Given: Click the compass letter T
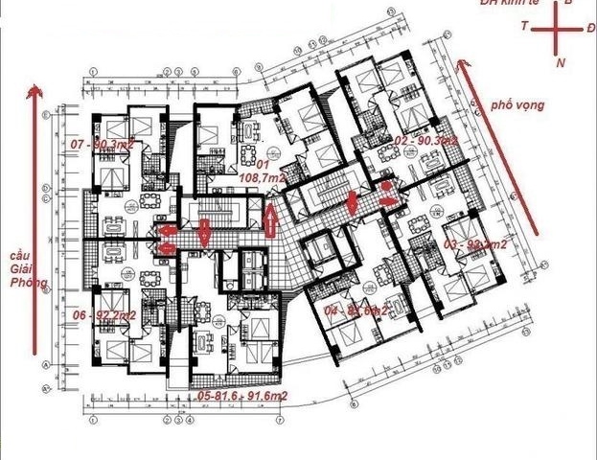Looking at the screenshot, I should pyautogui.click(x=525, y=27).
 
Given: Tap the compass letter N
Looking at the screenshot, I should pyautogui.click(x=561, y=61).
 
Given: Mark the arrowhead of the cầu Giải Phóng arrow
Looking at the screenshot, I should pyautogui.click(x=35, y=90).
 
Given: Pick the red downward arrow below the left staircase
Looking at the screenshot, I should pyautogui.click(x=205, y=233).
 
